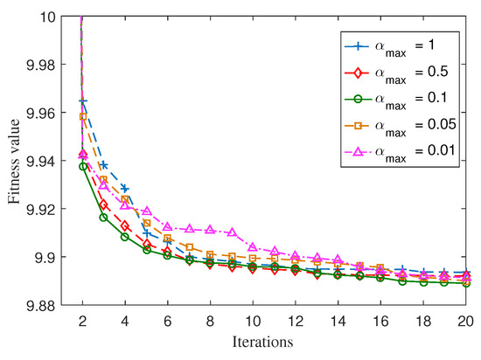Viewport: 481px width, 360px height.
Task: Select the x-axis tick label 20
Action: click(464, 320)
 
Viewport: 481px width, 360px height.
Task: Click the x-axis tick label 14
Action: click(338, 320)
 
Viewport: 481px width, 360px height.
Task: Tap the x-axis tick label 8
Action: click(210, 320)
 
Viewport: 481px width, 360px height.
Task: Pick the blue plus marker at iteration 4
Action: click(125, 189)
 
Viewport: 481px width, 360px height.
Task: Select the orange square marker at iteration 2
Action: click(83, 116)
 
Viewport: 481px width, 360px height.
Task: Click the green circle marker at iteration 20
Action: click(464, 283)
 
